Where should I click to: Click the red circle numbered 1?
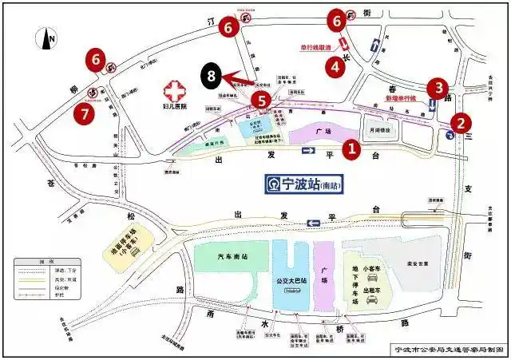tap(349, 148)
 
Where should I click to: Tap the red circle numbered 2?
tap(461, 123)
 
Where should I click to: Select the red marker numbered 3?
tap(436, 87)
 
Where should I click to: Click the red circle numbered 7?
tap(85, 113)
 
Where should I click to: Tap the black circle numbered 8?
tap(211, 77)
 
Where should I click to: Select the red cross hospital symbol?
tap(171, 89)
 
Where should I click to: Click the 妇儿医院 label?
tap(172, 106)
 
